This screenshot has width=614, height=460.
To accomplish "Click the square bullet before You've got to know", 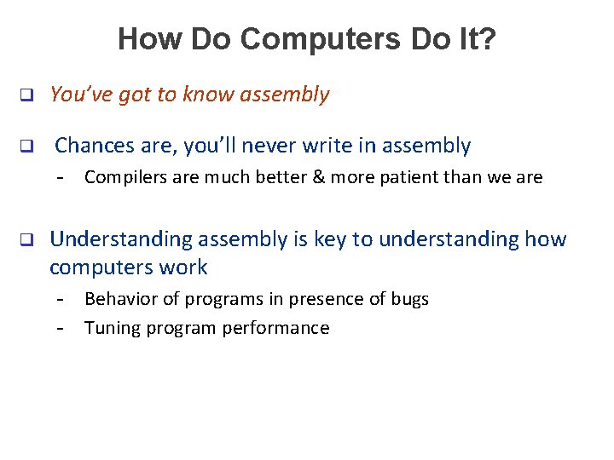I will (26, 95).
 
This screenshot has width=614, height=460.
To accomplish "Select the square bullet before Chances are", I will (26, 147).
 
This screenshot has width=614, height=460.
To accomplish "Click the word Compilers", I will (120, 178).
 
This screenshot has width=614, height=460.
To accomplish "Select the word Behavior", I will (117, 299).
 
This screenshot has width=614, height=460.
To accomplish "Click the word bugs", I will (410, 299).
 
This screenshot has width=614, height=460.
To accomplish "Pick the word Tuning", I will (109, 328).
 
